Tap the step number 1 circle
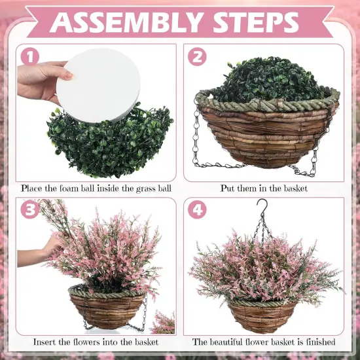(x=29, y=56)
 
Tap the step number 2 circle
(x=197, y=56)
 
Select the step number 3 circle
(x=29, y=211)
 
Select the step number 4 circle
(x=197, y=211)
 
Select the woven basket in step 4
(x=266, y=315)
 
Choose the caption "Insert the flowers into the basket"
(x=95, y=342)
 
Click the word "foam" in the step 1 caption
(x=77, y=188)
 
